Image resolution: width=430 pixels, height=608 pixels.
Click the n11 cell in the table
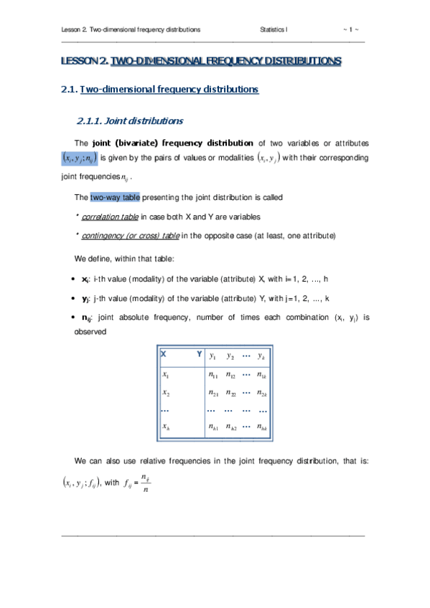212,374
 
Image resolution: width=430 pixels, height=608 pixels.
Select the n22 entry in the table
230,393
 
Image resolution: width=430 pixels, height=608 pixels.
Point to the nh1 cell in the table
212,428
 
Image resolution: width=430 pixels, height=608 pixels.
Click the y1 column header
212,356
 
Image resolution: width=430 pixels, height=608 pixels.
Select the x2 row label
167,393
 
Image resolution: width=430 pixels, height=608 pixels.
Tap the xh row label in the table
167,428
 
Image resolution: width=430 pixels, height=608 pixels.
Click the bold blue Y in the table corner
198,353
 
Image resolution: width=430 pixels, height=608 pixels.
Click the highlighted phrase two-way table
110,196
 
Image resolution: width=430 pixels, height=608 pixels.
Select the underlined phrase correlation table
109,216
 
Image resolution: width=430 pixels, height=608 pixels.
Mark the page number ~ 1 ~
352,29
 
